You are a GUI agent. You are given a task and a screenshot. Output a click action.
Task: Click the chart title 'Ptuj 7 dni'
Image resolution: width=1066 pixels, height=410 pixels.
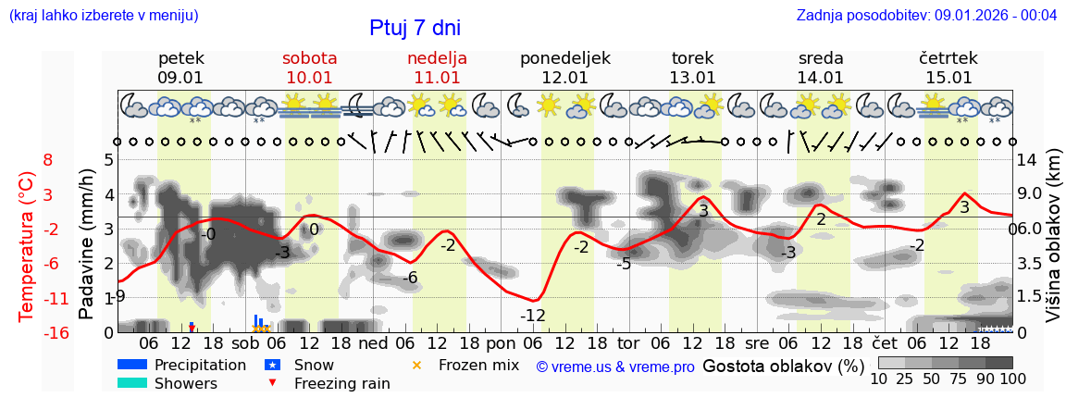pyautogui.click(x=415, y=28)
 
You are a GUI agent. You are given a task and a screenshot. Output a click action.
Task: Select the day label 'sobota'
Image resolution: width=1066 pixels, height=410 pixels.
pyautogui.click(x=309, y=58)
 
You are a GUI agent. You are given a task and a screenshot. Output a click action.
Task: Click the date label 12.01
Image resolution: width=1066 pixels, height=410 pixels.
pyautogui.click(x=564, y=78)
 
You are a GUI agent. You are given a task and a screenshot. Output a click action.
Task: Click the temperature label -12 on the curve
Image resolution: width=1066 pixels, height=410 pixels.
pyautogui.click(x=532, y=316)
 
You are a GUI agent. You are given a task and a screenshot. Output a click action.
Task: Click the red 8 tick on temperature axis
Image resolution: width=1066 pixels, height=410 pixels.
pyautogui.click(x=48, y=159)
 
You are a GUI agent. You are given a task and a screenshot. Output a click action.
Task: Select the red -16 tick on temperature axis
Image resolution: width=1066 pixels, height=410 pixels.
pyautogui.click(x=56, y=333)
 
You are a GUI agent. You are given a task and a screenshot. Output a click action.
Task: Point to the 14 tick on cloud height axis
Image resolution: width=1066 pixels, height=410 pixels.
pyautogui.click(x=1027, y=159)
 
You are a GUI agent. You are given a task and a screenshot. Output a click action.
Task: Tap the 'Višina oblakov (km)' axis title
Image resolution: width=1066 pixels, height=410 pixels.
pyautogui.click(x=1054, y=245)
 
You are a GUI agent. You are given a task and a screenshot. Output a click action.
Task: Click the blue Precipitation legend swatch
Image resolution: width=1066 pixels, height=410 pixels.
pyautogui.click(x=131, y=365)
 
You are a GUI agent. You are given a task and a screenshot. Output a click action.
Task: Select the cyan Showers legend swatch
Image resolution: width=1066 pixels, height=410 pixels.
pyautogui.click(x=131, y=383)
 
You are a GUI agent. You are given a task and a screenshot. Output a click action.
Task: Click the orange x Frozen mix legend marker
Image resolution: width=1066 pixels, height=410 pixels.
pyautogui.click(x=416, y=365)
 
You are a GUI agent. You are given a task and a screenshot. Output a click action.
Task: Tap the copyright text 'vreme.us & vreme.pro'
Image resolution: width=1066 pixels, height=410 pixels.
pyautogui.click(x=615, y=367)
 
